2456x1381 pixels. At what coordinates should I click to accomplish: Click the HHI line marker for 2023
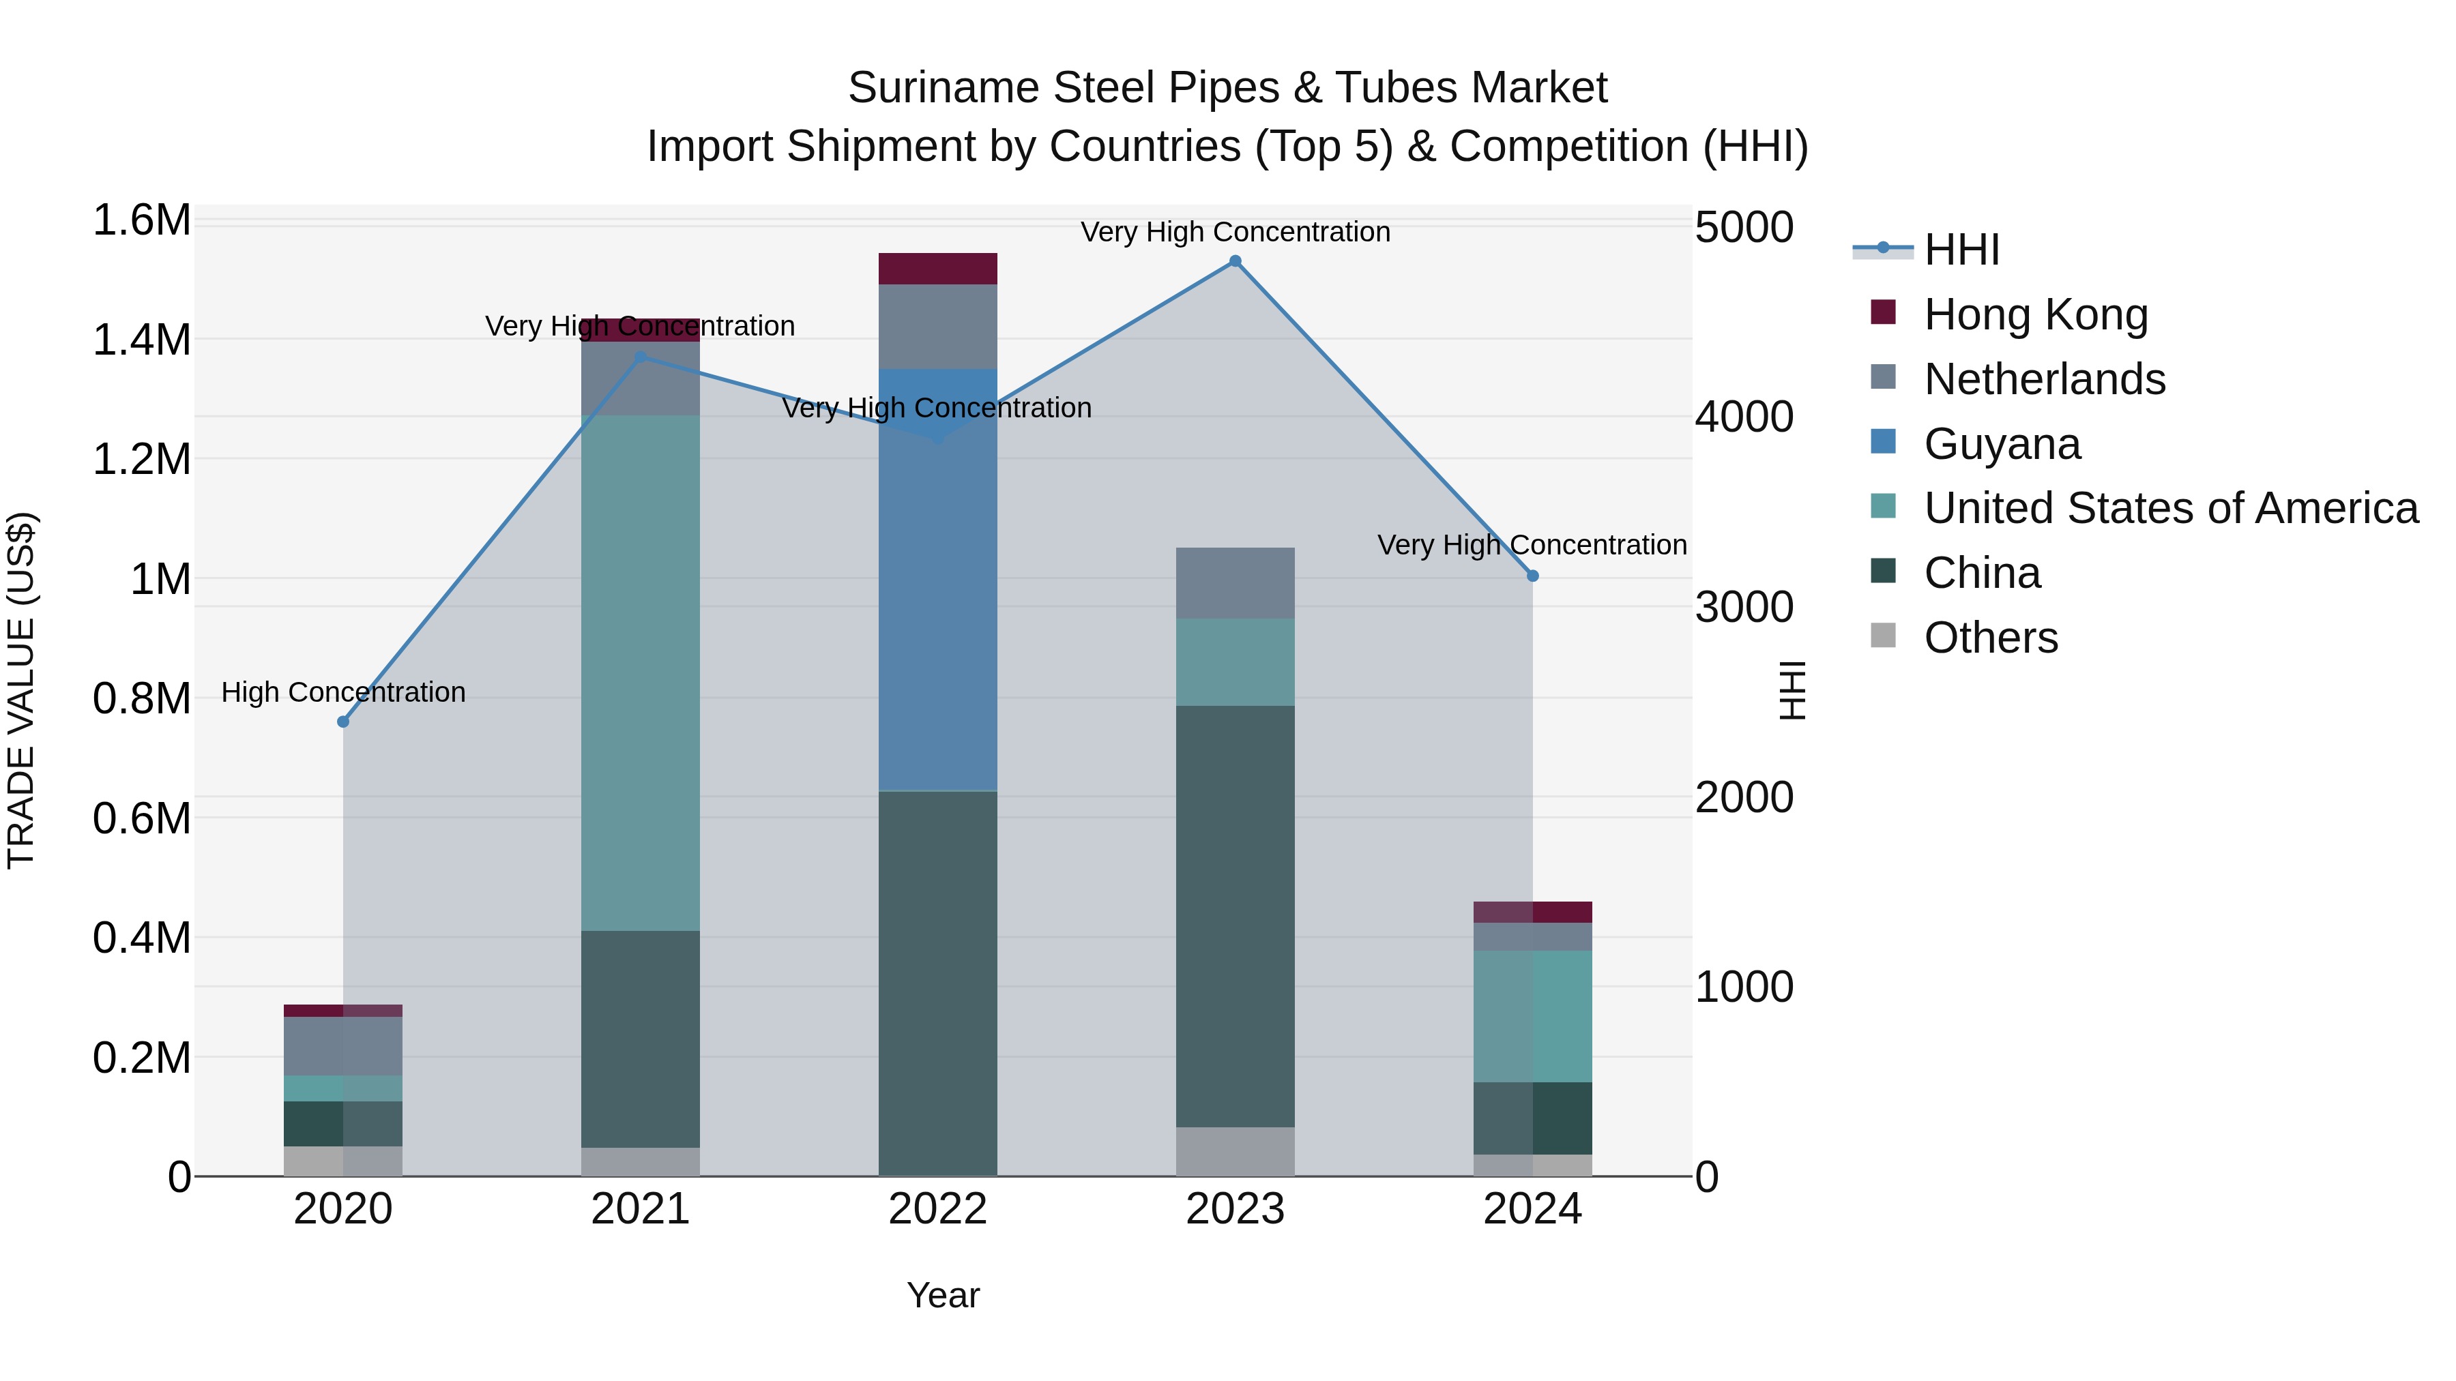[1235, 261]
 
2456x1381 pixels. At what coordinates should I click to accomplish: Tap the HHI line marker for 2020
[343, 722]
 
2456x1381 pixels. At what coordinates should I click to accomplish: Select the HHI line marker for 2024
[1532, 576]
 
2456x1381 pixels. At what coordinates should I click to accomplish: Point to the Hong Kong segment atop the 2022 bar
[937, 269]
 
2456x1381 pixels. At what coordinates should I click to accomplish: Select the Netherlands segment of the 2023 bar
[1235, 583]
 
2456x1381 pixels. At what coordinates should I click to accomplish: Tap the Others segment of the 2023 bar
[1235, 1151]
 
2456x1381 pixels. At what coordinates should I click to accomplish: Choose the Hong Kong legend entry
[2036, 314]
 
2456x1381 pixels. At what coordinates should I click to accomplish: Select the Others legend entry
[1990, 638]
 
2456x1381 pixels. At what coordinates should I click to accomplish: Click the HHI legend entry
[1961, 250]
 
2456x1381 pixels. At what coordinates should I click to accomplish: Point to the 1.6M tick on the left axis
[141, 220]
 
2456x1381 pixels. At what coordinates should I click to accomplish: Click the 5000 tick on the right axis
[1744, 228]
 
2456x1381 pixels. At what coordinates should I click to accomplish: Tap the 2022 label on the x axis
[937, 1209]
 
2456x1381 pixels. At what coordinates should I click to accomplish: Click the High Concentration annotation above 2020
[343, 692]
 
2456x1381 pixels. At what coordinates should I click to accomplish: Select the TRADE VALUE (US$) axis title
[21, 690]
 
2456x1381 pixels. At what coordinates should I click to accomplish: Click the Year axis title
[943, 1295]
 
